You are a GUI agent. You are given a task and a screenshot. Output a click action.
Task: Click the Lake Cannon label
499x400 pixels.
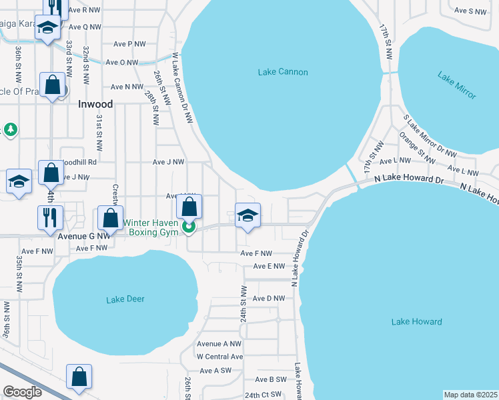coord(284,71)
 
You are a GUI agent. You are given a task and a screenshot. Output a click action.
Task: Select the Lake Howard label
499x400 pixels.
coord(416,322)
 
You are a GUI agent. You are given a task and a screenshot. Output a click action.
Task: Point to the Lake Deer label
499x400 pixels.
coord(125,299)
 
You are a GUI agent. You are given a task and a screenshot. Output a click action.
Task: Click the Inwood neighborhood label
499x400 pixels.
coord(95,104)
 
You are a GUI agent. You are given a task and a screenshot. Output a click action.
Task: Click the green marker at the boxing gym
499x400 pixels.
coord(189,228)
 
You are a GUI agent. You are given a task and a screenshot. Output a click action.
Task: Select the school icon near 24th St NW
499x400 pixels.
coord(247,215)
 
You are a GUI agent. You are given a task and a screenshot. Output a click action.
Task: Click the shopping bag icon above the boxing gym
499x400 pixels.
coord(189,207)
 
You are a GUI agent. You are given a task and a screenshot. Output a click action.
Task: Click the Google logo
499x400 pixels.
coord(22,392)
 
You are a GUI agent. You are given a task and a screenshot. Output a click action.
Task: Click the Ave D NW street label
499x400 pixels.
coord(270,298)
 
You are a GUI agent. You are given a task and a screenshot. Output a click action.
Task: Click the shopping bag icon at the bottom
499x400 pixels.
coord(79,376)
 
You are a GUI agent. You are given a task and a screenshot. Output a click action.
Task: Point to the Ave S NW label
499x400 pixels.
coord(470,11)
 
